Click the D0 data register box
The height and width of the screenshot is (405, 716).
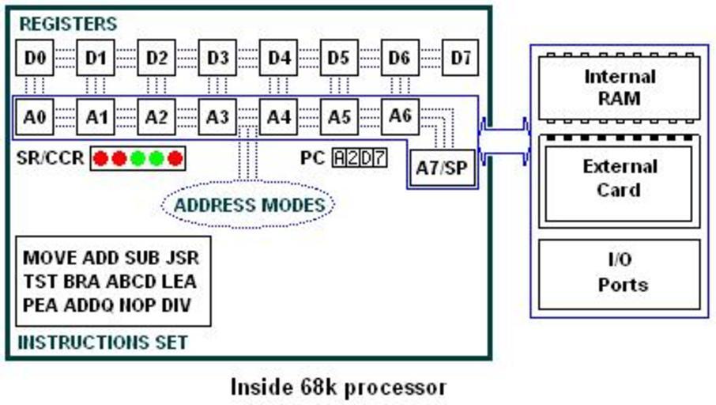[35, 58]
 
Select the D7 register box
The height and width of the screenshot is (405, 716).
[460, 58]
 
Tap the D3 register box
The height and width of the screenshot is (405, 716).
[217, 58]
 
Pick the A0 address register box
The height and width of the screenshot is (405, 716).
[35, 117]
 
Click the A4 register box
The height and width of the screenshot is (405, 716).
[278, 117]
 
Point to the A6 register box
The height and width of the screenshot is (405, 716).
[400, 115]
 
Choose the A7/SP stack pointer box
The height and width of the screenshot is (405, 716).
[443, 168]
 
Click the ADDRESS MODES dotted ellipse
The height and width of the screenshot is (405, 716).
[248, 206]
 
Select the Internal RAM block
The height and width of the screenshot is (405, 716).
[619, 88]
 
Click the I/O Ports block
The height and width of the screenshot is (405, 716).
[619, 273]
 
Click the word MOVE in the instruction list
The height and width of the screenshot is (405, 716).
[50, 258]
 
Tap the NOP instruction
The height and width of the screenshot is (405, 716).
[138, 305]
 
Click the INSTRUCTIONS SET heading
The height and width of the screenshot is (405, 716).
[102, 343]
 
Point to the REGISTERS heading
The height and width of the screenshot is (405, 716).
[67, 24]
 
